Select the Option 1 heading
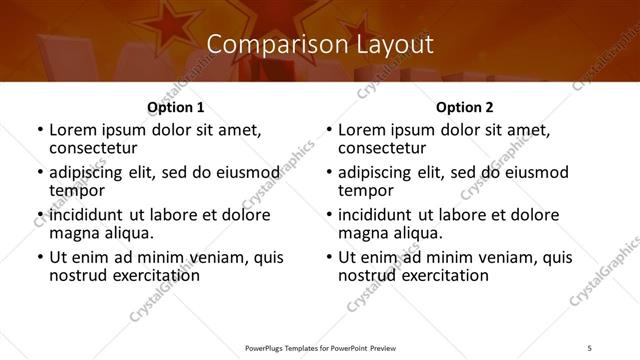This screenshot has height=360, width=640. [x=175, y=107]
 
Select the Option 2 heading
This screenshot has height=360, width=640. [x=464, y=107]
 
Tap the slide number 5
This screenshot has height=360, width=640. [x=590, y=346]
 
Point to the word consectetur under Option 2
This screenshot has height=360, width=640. [x=388, y=149]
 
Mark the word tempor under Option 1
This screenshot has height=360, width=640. [x=77, y=190]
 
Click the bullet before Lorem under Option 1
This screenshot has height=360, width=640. [x=40, y=130]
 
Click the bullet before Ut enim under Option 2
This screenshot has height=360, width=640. [x=329, y=257]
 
